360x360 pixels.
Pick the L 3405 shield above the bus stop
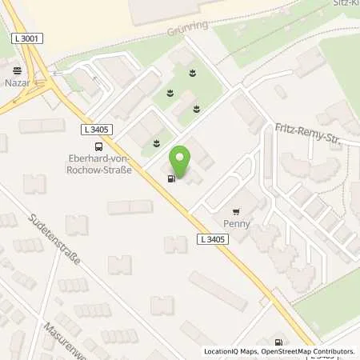click(x=97, y=128)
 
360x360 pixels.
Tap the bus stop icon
click(x=98, y=146)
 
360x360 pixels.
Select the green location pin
click(x=181, y=161)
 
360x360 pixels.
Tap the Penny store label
click(x=237, y=224)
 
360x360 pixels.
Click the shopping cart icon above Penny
click(x=236, y=212)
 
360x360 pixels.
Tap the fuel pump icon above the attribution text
click(x=278, y=340)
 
